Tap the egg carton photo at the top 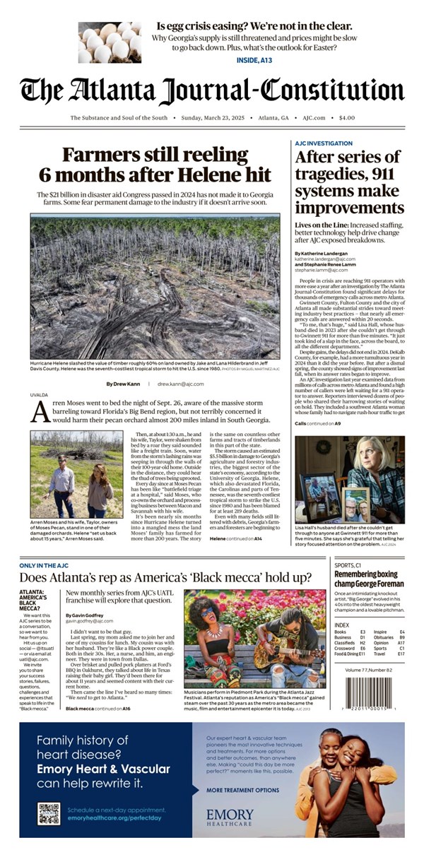click(110, 42)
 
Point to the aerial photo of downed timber click(155, 286)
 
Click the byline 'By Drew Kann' click(124, 384)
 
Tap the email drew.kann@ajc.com click(180, 384)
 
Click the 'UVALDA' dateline click(39, 396)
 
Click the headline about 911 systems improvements click(347, 182)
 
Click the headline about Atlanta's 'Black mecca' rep click(165, 577)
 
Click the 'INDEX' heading click(341, 625)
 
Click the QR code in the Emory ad click(49, 813)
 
